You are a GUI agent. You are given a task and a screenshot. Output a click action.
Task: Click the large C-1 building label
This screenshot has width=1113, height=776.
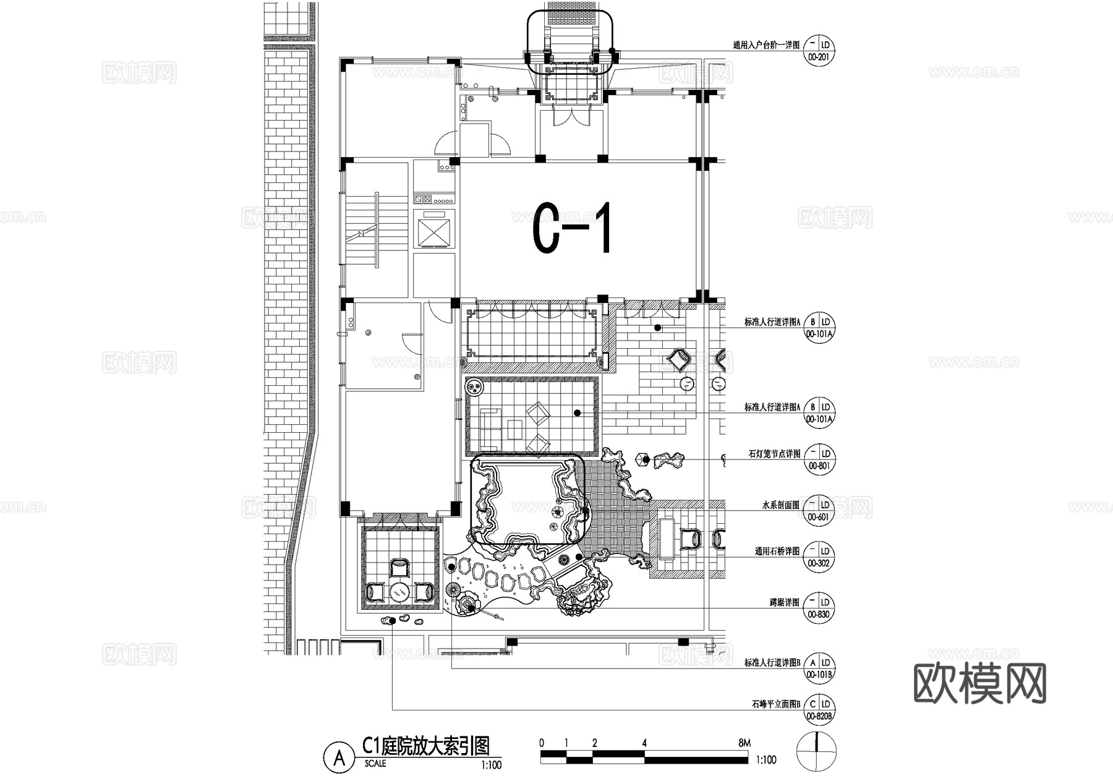[573, 228]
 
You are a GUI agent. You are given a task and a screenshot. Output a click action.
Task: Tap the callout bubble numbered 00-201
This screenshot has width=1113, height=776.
[819, 51]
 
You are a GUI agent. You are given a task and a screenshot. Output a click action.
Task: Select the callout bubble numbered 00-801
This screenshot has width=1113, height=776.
[819, 459]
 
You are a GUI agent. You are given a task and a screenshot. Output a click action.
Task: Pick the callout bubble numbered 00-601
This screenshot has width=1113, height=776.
[819, 511]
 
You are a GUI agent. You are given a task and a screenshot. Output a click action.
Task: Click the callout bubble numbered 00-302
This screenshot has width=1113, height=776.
[819, 556]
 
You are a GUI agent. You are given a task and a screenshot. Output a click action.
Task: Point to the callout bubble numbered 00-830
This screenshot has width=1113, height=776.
[819, 608]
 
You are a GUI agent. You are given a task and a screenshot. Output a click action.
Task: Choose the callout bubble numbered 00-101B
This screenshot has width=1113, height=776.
[819, 668]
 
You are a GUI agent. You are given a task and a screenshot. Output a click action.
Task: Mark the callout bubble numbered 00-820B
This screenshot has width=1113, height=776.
[819, 710]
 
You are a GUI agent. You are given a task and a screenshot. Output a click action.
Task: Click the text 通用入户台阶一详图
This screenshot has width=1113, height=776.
[765, 45]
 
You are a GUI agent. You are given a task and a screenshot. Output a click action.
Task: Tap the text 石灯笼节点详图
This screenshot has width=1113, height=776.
[774, 454]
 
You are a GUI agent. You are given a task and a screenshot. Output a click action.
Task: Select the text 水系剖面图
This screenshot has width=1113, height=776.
[780, 505]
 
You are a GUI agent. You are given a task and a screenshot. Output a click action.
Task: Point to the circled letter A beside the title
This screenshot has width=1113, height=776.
[339, 758]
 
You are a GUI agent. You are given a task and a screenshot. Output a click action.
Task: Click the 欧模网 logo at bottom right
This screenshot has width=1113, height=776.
[979, 683]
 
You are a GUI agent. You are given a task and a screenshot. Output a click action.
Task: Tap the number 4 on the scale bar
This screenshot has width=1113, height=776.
[644, 743]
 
